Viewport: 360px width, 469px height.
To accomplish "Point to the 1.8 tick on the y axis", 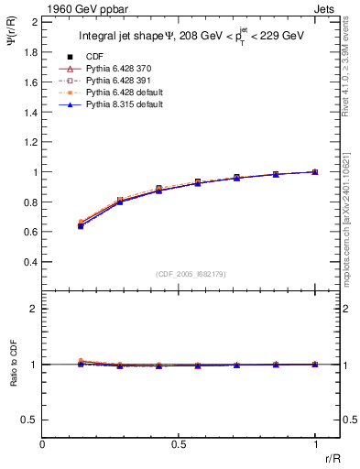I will (30, 52).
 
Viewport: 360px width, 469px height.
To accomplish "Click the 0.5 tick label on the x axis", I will (179, 444).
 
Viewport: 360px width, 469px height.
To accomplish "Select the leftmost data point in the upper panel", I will (81, 224).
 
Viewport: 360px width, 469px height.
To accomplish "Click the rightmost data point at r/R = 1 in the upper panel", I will (315, 171).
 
